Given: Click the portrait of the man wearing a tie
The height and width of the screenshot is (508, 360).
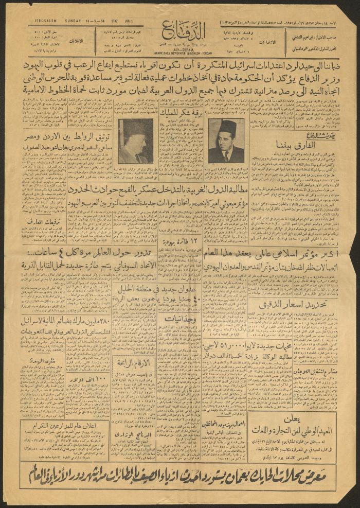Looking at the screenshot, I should click(x=226, y=140).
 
